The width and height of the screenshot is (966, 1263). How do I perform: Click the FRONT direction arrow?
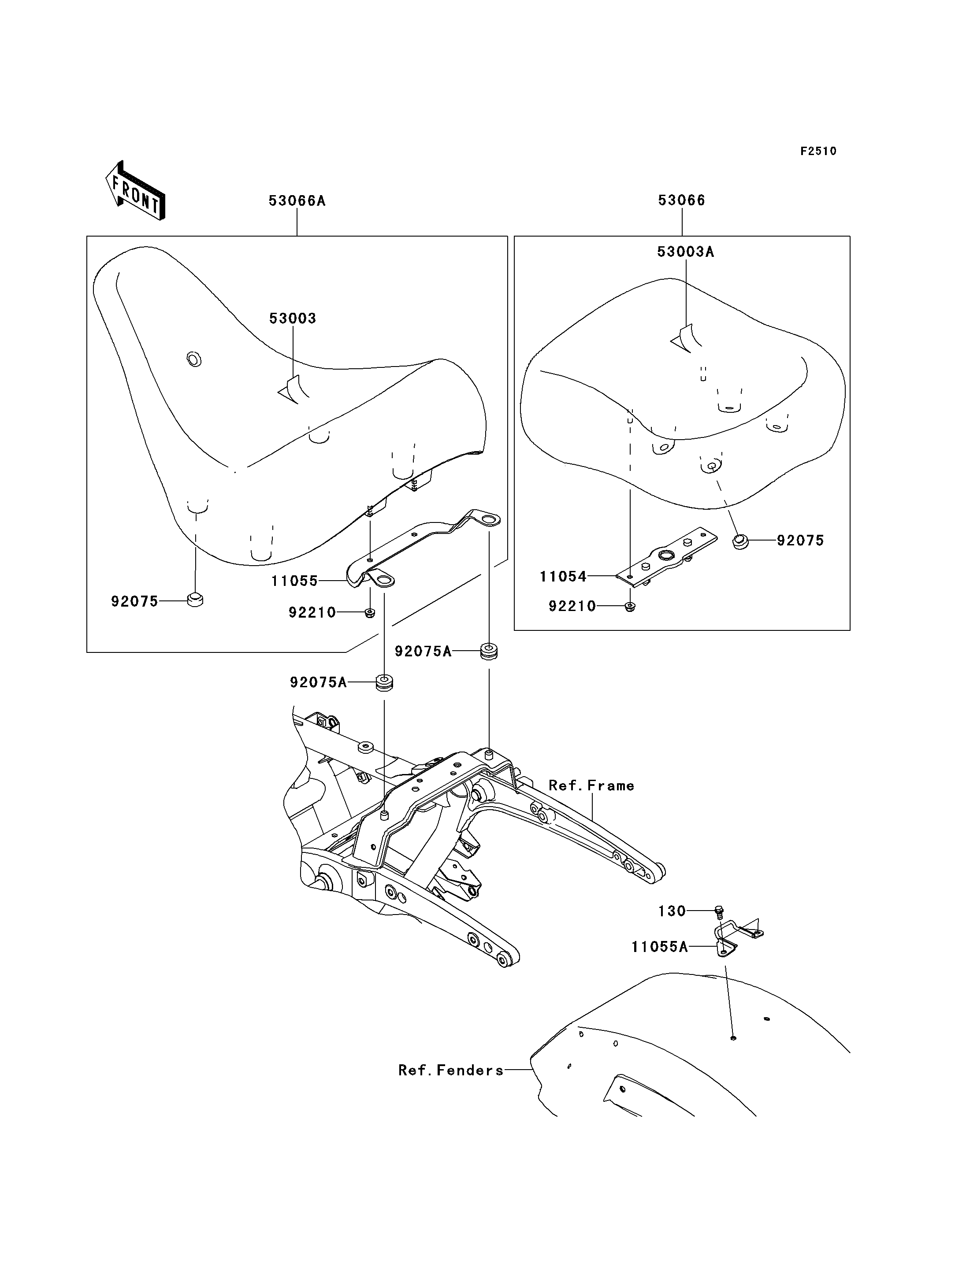pos(135,191)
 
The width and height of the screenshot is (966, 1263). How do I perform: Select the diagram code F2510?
pos(818,151)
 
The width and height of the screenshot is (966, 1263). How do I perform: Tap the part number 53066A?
pos(297,200)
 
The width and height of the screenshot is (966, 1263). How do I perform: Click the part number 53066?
pos(681,200)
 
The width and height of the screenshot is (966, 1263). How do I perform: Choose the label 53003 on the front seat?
pos(293,319)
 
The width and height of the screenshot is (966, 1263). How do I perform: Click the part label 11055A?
pos(660,947)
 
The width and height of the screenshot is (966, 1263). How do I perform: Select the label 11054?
pos(563,577)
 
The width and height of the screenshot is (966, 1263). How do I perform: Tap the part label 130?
pos(672,911)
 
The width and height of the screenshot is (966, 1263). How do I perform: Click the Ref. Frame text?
pos(591,786)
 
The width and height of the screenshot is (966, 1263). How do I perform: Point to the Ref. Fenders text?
pos(451,1070)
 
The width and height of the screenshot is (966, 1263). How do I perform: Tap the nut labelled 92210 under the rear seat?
pos(631,607)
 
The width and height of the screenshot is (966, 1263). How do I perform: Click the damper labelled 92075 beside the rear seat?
pos(741,541)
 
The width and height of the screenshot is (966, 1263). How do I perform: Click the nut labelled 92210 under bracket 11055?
pos(370,613)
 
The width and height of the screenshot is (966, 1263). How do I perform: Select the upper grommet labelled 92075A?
pos(489,652)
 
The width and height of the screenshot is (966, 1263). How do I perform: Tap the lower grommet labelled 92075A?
pos(384,683)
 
